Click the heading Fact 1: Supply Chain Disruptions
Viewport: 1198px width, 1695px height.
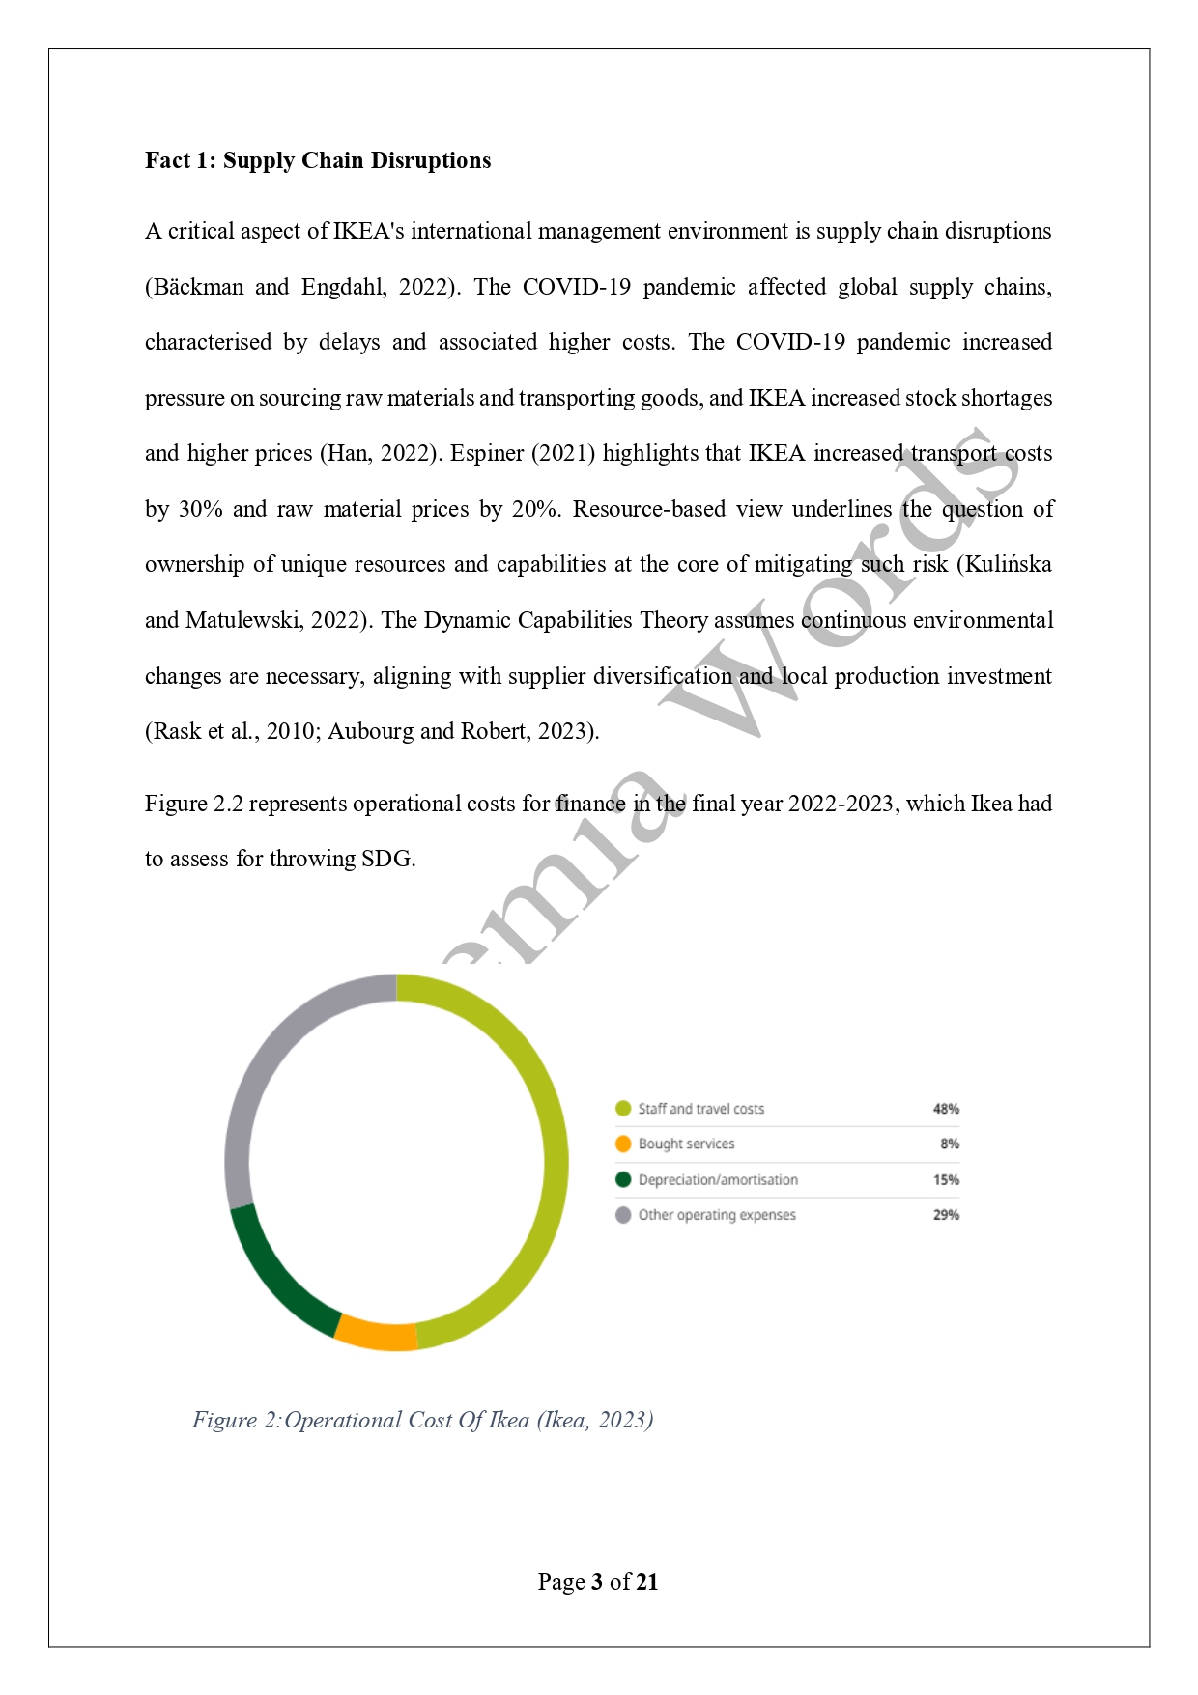[x=318, y=160]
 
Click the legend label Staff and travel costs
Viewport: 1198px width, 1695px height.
[x=700, y=1109]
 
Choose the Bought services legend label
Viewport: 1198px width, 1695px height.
[x=686, y=1144]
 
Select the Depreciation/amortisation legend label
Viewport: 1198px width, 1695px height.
[x=718, y=1179]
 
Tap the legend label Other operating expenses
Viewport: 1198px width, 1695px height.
[x=717, y=1215]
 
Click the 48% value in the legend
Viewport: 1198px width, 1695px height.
[x=946, y=1109]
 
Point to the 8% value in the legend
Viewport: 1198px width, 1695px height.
[x=950, y=1144]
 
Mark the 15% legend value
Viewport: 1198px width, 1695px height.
[x=946, y=1179]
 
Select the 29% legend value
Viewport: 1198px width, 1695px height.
[x=946, y=1215]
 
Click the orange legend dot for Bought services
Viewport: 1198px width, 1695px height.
[x=623, y=1144]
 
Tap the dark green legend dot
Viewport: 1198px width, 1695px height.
[x=623, y=1179]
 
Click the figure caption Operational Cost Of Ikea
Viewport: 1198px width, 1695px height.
[x=422, y=1420]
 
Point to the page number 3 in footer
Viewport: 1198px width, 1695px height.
[x=597, y=1582]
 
